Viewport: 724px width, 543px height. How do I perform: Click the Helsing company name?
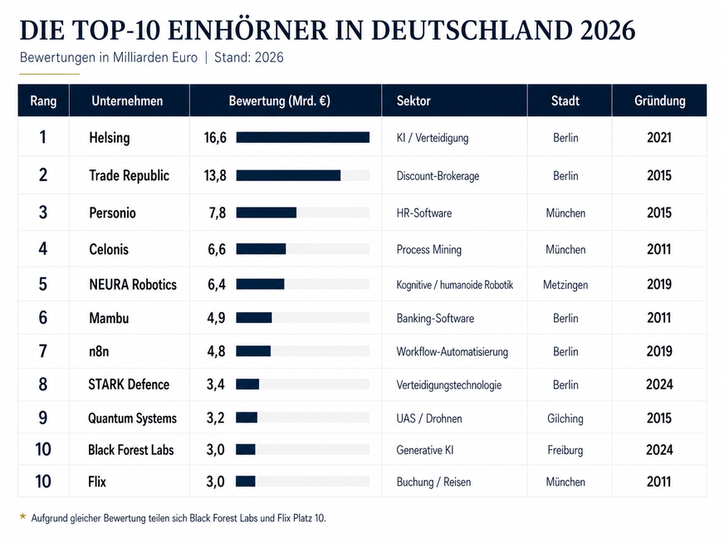coord(110,138)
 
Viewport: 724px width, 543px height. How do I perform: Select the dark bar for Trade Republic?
coord(288,175)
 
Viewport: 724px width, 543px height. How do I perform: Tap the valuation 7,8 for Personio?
coord(217,213)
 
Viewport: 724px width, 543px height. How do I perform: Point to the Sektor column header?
coord(413,100)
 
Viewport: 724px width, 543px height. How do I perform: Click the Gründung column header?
coord(659,100)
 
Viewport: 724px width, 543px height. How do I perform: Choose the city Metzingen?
coord(565,285)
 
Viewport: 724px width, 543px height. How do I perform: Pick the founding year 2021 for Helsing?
coord(659,138)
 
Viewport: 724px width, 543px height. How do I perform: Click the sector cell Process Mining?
coord(429,250)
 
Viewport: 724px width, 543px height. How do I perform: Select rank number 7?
coord(43,351)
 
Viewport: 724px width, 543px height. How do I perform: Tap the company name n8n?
coord(99,351)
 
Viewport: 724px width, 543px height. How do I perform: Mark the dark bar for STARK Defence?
coord(247,384)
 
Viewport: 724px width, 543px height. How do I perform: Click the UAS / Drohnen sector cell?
coord(429,418)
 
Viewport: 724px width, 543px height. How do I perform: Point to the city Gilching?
coord(565,418)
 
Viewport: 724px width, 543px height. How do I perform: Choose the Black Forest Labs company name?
coord(130,450)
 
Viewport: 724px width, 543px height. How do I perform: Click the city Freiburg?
coord(565,450)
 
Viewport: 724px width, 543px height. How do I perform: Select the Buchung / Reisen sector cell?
coord(433,482)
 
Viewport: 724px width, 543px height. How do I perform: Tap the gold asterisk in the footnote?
coord(22,516)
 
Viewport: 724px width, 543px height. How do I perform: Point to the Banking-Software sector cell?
coord(435,319)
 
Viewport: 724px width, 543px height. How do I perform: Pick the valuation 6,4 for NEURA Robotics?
coord(217,285)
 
